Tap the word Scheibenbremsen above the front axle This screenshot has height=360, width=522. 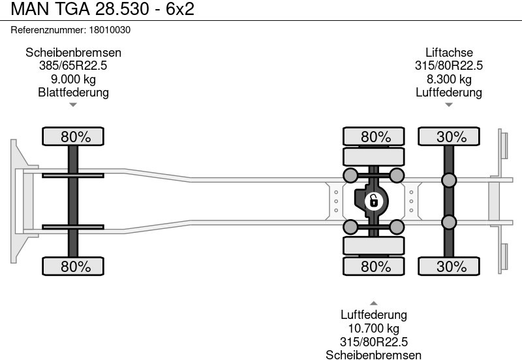[x=73, y=53]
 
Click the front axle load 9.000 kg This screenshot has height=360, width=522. [x=73, y=79]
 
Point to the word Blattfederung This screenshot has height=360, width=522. [x=73, y=92]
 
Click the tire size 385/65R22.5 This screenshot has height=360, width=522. [x=73, y=66]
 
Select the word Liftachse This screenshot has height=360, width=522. [x=449, y=53]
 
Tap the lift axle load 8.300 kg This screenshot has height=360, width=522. [x=449, y=79]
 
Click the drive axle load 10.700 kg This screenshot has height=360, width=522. [x=374, y=329]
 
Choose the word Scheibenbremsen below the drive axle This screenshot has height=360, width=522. [x=374, y=355]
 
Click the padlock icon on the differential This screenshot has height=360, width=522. [x=373, y=201]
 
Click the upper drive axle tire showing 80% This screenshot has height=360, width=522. [x=375, y=137]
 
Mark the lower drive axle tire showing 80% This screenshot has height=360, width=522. [x=375, y=266]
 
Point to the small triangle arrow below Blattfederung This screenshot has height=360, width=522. [x=73, y=104]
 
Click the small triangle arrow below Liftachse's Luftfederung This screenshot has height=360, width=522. [x=449, y=104]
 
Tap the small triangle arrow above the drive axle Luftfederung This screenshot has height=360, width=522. [x=374, y=303]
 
